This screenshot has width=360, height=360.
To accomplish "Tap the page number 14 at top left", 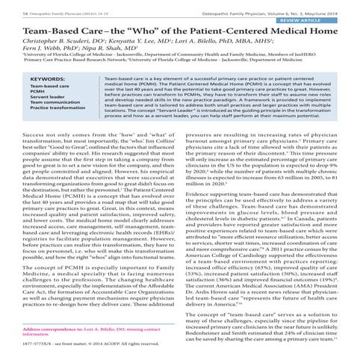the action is [7, 4].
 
